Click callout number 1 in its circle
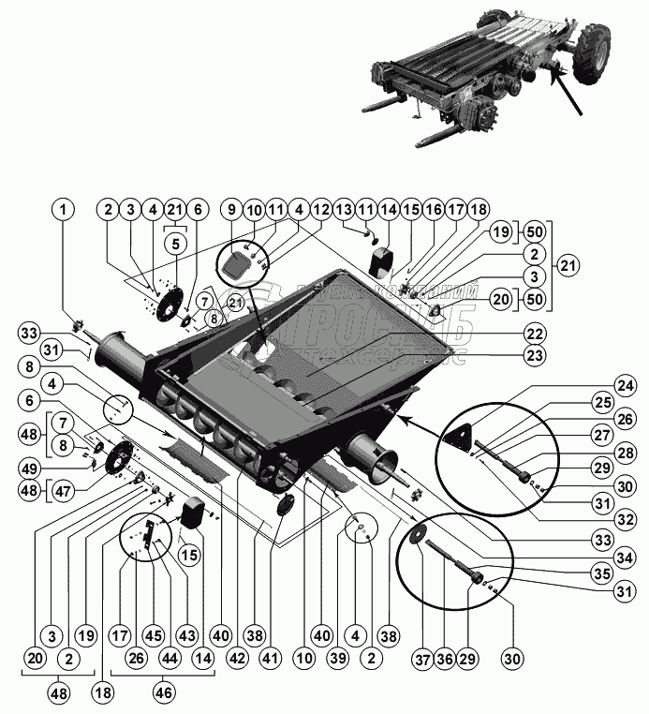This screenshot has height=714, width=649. [63, 209]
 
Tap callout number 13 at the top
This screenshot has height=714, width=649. [343, 209]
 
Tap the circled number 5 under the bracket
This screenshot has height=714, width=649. [175, 243]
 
